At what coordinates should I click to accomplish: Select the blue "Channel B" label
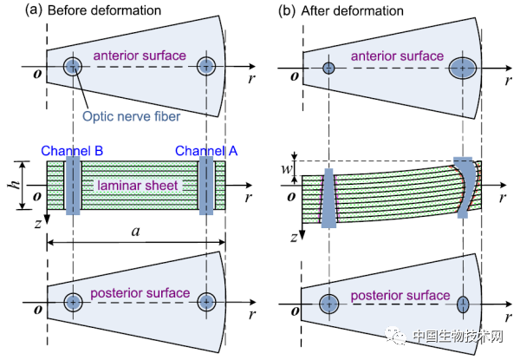[66, 150]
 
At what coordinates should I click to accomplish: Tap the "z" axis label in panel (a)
[36, 225]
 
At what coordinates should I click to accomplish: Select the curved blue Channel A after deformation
[466, 191]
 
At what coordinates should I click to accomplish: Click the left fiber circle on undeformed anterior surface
[72, 67]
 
